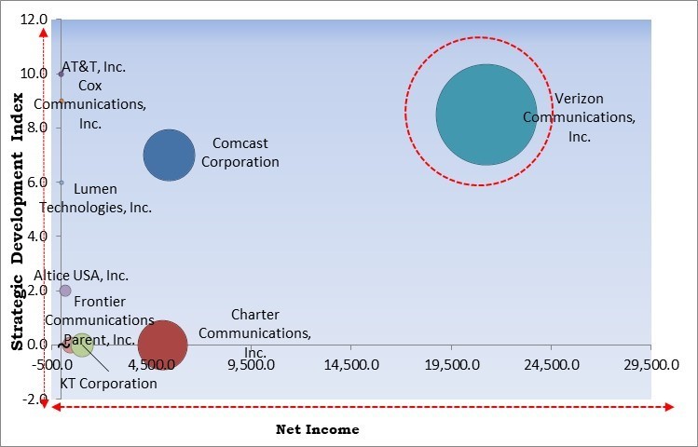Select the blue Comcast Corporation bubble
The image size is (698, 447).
click(x=169, y=156)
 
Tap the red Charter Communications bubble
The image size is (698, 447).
click(x=163, y=345)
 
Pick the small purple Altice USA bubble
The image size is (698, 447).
click(x=64, y=291)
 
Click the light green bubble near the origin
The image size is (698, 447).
click(x=82, y=345)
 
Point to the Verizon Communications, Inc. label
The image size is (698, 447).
click(x=579, y=117)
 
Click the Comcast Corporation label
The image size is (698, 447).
click(x=245, y=153)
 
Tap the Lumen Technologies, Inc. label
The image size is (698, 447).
click(x=96, y=198)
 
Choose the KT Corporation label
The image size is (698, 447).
click(x=109, y=383)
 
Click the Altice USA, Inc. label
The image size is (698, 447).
click(x=81, y=276)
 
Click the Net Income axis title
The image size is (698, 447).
click(x=317, y=429)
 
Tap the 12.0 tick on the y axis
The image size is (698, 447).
click(x=35, y=20)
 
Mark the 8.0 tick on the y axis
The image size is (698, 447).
click(x=38, y=128)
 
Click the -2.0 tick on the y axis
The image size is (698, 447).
click(x=36, y=400)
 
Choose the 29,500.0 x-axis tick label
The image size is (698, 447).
click(x=650, y=366)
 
